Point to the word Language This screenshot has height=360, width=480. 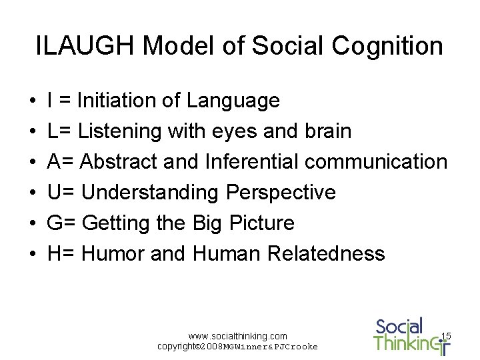[233, 101]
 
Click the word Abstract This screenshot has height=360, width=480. [126, 162]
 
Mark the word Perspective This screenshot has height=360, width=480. [281, 193]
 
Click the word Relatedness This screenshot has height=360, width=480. [326, 253]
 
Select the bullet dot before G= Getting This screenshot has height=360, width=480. [33, 223]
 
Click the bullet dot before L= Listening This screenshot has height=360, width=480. [33, 131]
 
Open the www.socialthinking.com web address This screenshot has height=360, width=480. [238, 336]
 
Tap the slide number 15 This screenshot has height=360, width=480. [446, 336]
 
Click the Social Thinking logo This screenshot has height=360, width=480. [407, 335]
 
